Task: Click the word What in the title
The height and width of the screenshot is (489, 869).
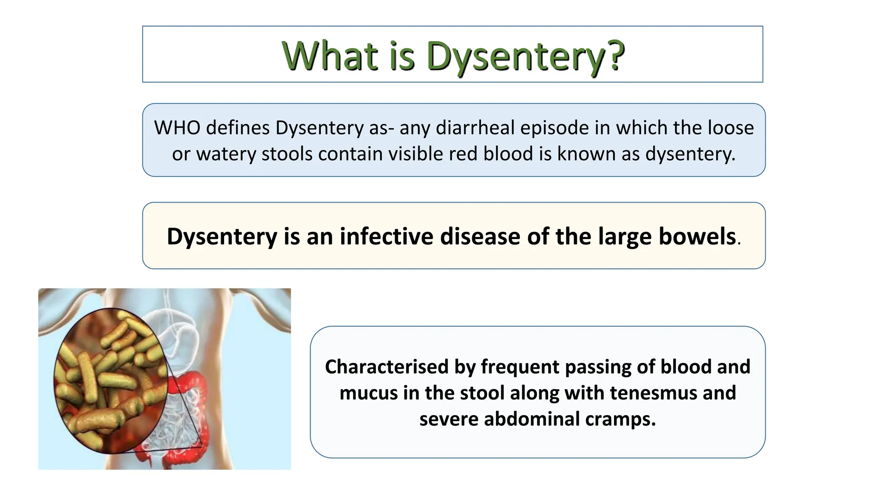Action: click(x=330, y=56)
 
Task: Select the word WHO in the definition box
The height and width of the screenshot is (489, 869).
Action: click(x=177, y=128)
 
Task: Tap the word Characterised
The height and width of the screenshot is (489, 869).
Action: click(x=387, y=367)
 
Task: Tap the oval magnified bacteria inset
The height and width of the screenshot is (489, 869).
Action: click(x=110, y=381)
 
